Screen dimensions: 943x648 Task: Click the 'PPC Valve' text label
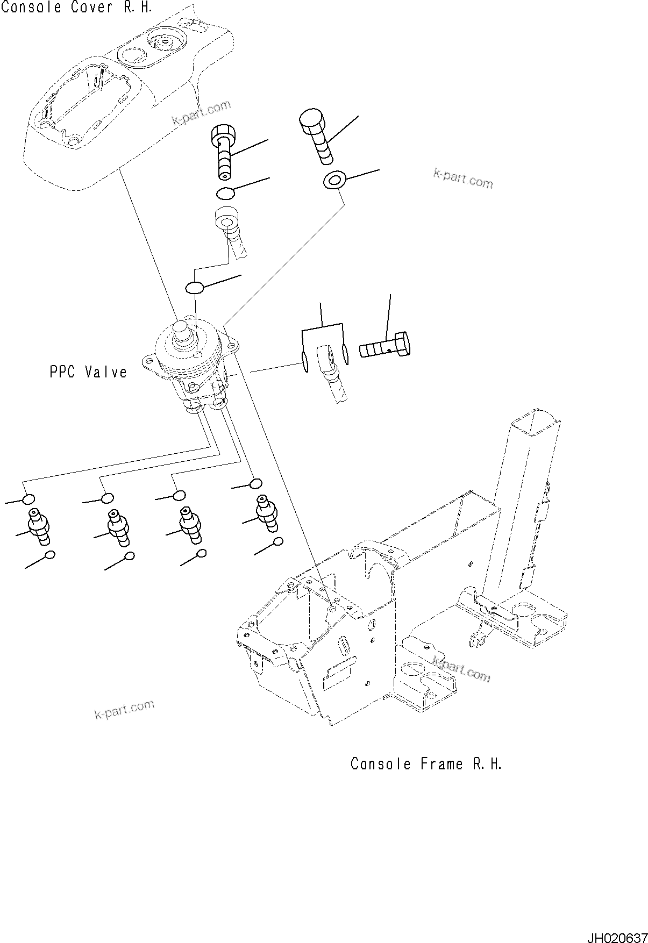point(89,372)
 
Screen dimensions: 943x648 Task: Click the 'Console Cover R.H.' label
point(76,8)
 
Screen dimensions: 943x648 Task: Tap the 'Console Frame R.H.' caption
point(426,764)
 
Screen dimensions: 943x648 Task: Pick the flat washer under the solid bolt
point(334,180)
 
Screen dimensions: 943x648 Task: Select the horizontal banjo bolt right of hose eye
point(386,347)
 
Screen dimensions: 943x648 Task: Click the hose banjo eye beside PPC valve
point(326,357)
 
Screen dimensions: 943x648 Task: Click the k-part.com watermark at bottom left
point(124,709)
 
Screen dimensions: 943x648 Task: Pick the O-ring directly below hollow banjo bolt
point(225,192)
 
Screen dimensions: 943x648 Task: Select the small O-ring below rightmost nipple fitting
point(277,541)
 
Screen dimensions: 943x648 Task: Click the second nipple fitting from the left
point(117,527)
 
